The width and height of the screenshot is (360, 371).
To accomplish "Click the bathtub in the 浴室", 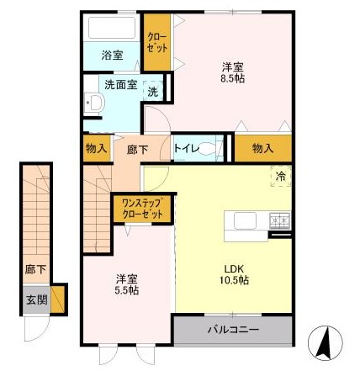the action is click(x=112, y=28).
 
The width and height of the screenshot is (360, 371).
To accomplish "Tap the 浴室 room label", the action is click(x=112, y=56).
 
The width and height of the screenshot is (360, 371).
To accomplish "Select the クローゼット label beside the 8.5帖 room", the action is click(x=157, y=43).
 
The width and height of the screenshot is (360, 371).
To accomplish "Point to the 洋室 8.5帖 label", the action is click(x=233, y=73).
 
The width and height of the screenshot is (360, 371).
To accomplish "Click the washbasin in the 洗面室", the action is click(x=95, y=103).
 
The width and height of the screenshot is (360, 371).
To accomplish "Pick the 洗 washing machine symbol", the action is click(x=153, y=91).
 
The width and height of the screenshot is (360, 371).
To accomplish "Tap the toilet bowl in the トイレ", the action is click(x=209, y=148).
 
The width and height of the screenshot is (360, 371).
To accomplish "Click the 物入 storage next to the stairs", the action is click(x=97, y=149).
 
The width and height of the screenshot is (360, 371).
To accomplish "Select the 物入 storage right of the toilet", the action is click(x=262, y=148).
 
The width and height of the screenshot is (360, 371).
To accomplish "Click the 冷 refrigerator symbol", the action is click(x=281, y=176).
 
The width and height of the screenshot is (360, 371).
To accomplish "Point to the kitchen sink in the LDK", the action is click(x=245, y=220).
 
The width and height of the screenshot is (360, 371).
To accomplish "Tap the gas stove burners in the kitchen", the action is click(x=280, y=220).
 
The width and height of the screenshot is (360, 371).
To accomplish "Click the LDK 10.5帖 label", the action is click(x=236, y=274).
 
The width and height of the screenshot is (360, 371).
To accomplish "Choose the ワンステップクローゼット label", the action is click(x=142, y=209).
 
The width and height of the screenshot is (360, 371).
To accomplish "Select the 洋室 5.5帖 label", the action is click(x=127, y=284).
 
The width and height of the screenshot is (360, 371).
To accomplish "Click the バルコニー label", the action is click(x=233, y=329).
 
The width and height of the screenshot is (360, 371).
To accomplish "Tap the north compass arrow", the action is click(x=325, y=343).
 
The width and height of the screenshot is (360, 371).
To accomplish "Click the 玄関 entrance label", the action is click(x=37, y=300).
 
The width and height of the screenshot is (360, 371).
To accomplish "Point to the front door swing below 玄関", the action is click(x=37, y=329).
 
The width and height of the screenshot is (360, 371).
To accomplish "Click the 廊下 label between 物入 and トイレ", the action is click(x=137, y=150).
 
